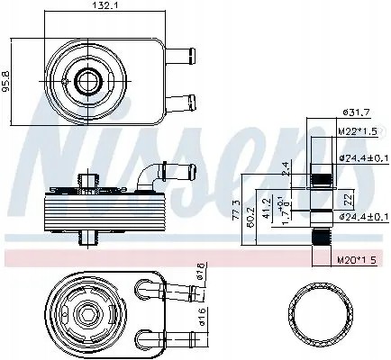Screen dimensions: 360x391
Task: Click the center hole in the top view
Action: (x=87, y=82)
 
